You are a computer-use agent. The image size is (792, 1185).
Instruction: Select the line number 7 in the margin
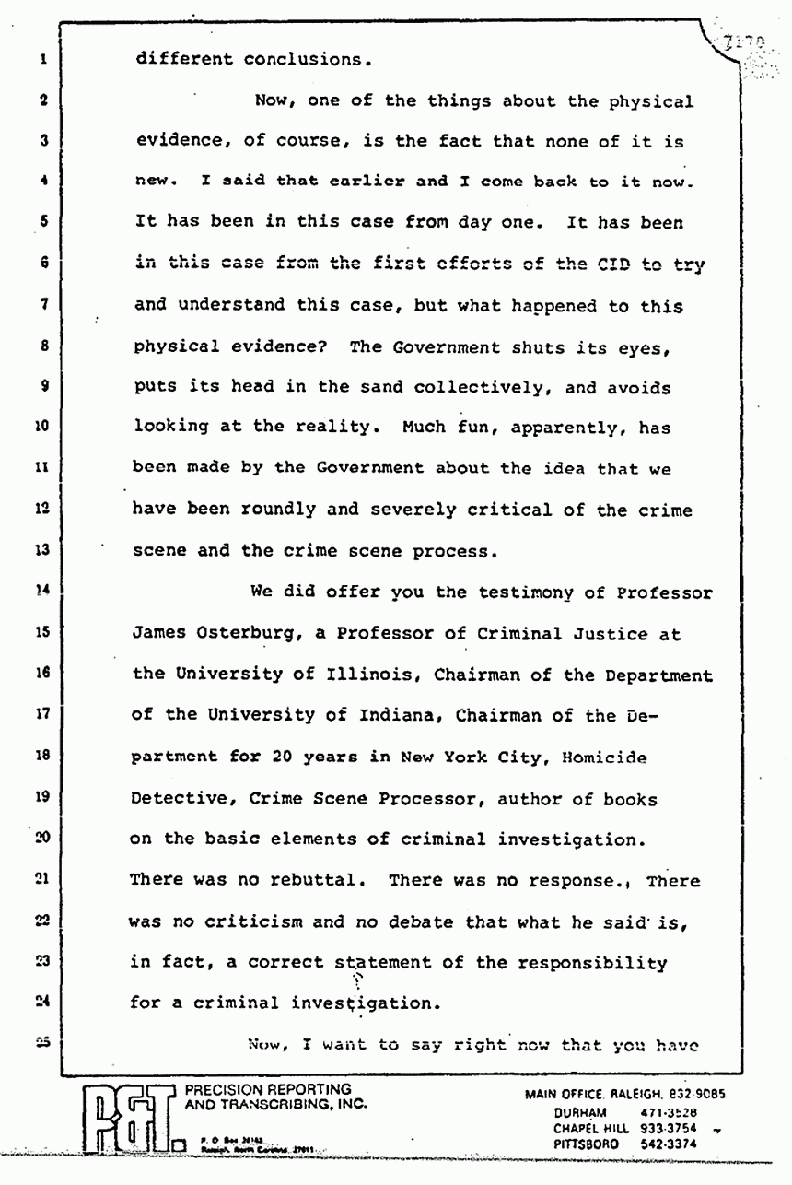42,304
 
